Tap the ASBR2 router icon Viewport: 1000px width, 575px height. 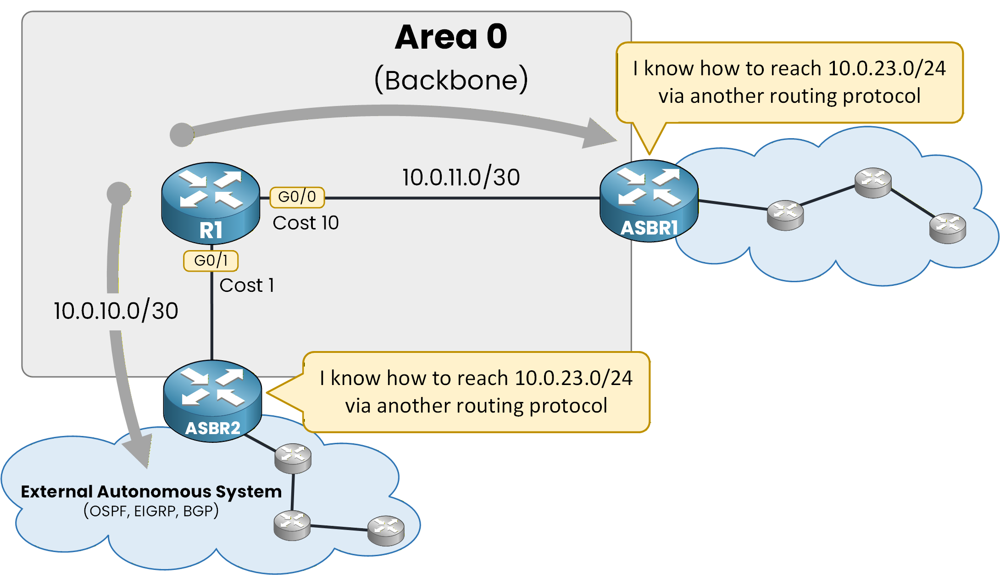point(212,401)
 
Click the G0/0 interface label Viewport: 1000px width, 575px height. point(297,197)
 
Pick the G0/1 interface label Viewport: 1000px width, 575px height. point(211,261)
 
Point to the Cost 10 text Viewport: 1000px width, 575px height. point(306,223)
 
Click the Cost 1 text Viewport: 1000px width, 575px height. point(247,285)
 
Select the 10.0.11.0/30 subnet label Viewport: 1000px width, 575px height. point(461,178)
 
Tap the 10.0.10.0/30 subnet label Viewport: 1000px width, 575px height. point(116,311)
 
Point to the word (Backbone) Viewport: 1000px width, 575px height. point(451,80)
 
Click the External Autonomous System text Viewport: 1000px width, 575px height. point(151,491)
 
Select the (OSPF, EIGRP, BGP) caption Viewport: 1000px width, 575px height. point(151,511)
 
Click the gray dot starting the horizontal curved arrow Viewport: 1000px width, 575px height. point(182,135)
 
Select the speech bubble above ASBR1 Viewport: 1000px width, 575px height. point(789,83)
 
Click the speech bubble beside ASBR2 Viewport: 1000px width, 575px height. point(476,392)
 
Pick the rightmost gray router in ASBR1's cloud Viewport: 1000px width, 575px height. point(947,228)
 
